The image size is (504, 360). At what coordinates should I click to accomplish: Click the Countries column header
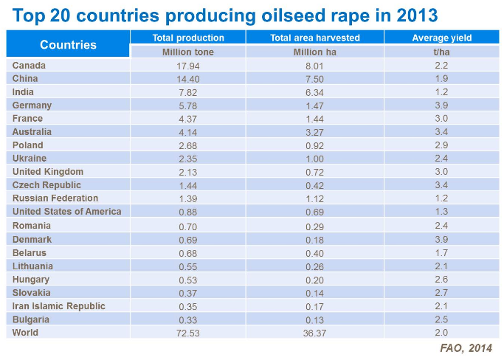point(68,44)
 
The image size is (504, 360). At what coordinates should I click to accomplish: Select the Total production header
point(188,38)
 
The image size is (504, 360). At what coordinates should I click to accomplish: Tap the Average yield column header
point(442,38)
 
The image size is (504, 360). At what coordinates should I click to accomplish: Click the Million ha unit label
point(314,52)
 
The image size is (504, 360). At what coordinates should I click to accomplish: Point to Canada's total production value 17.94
point(188,66)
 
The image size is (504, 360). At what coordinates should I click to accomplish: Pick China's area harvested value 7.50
point(314,79)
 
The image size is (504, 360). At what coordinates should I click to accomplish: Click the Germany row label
point(32,105)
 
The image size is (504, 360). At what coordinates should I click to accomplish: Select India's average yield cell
point(442,92)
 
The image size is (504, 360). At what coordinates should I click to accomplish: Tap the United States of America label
point(66,212)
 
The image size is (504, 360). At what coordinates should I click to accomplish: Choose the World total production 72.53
point(188,333)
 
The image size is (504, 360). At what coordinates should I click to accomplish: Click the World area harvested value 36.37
point(314,333)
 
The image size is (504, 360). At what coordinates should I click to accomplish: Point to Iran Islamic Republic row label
point(59,306)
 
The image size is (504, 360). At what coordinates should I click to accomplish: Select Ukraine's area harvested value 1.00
point(314,159)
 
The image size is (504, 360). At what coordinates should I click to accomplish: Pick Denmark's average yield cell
point(442,240)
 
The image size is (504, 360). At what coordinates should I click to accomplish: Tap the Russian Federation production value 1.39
point(188,199)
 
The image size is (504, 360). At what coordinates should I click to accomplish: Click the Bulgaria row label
point(31,319)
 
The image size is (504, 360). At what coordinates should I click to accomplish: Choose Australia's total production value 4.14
point(188,132)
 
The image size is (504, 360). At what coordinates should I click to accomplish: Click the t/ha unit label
point(442,52)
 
